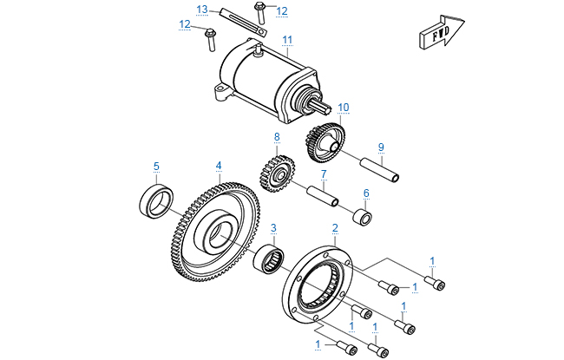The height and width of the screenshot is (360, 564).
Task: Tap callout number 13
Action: (201, 10)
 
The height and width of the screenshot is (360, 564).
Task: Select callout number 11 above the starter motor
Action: (287, 39)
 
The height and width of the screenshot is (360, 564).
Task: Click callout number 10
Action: (344, 107)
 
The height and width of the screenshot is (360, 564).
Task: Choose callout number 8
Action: (277, 137)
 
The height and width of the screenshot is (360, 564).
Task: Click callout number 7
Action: (323, 173)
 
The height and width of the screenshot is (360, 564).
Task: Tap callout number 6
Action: (366, 193)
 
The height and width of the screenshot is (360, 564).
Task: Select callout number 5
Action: (156, 166)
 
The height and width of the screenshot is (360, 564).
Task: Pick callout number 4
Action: (220, 166)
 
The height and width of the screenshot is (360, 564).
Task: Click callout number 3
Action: (273, 229)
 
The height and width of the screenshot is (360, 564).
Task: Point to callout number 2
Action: (335, 229)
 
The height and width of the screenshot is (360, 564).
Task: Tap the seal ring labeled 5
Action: (157, 201)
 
